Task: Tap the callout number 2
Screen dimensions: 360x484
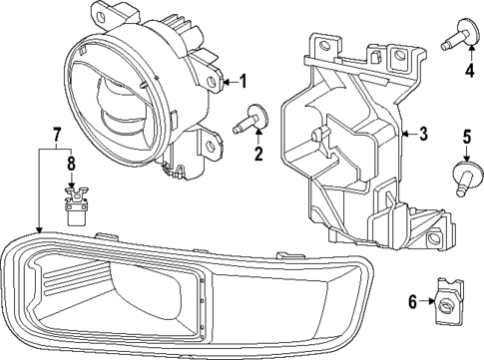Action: pyautogui.click(x=257, y=154)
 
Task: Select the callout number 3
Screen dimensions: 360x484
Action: pyautogui.click(x=423, y=135)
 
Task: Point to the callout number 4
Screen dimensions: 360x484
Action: pyautogui.click(x=467, y=71)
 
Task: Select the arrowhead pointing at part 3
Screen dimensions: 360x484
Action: pyautogui.click(x=404, y=135)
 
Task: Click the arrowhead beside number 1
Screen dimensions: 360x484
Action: pyautogui.click(x=225, y=81)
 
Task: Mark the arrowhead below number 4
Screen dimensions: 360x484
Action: pyautogui.click(x=466, y=55)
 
